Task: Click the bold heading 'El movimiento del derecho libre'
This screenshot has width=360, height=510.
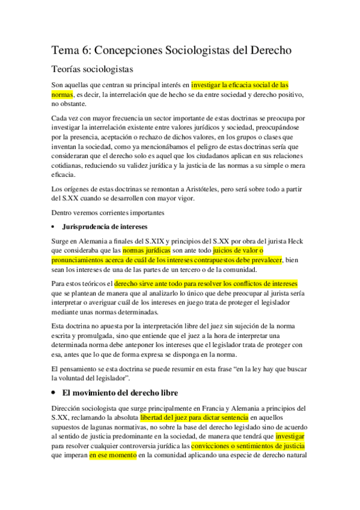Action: coord(120,392)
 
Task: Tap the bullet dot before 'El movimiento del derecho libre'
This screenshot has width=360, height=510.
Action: coord(54,392)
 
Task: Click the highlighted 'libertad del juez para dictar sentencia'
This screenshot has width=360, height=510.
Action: coord(194,417)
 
